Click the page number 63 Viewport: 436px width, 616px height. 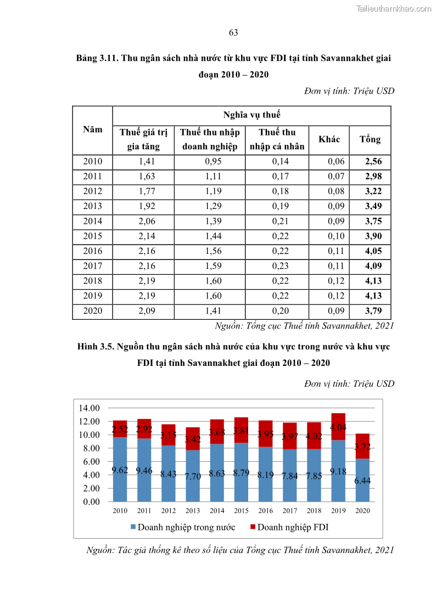tap(233, 33)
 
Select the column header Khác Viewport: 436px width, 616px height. tap(329, 139)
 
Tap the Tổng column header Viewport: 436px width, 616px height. tap(370, 139)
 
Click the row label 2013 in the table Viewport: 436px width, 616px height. tap(92, 206)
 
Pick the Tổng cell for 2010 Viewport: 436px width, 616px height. tap(370, 162)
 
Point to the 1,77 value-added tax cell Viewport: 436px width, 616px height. tap(143, 191)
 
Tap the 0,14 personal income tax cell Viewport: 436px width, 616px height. tap(277, 162)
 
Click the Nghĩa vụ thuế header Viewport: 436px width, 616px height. tap(251, 115)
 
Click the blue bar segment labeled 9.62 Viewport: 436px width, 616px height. tap(120, 469)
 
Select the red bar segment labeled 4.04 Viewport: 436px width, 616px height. tap(338, 427)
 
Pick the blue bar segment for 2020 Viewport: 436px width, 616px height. tap(362, 480)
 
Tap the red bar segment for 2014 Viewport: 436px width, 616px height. tap(217, 432)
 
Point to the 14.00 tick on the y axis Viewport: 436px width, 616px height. tap(89, 408)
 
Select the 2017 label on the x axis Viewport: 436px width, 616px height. tap(289, 510)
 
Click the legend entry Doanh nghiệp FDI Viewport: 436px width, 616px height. tap(289, 527)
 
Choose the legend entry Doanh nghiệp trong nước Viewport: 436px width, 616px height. tap(183, 527)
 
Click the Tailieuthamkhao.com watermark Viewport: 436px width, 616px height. tap(394, 8)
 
